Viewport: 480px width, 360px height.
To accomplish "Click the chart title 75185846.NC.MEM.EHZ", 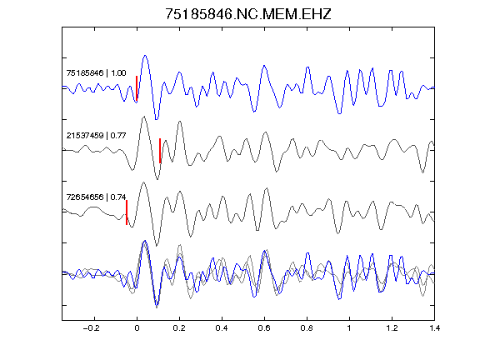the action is (x=248, y=14).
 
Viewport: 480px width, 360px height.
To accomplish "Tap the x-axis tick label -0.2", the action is (x=91, y=328).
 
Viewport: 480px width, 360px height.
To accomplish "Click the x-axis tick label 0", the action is (x=137, y=328).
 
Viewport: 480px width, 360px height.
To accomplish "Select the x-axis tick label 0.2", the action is (x=179, y=328).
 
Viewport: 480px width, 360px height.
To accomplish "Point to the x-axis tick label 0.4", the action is (x=222, y=328).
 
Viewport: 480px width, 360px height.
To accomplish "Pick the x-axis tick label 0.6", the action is (x=264, y=328).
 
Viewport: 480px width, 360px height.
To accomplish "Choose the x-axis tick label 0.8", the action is (x=307, y=328).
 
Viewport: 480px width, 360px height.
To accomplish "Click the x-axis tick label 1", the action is (x=349, y=328).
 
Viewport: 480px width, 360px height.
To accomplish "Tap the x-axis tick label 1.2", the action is (x=392, y=328).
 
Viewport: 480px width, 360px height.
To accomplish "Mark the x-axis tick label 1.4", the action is (x=434, y=328).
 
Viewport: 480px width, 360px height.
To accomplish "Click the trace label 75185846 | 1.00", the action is (x=96, y=73).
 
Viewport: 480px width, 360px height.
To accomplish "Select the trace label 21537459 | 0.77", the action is (x=96, y=135).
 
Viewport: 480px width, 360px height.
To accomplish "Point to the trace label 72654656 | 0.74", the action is (x=96, y=197).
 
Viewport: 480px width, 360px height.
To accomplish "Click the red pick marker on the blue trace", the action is (x=137, y=88).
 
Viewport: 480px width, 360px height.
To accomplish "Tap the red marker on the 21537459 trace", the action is (x=160, y=151).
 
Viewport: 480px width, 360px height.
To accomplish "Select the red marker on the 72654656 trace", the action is (x=127, y=212).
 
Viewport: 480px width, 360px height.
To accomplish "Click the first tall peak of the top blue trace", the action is (x=145, y=56).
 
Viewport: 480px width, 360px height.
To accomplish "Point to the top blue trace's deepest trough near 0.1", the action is (x=157, y=119).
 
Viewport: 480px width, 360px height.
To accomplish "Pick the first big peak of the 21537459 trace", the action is (x=143, y=117).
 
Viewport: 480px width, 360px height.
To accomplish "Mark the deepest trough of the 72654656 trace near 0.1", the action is (x=157, y=246).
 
